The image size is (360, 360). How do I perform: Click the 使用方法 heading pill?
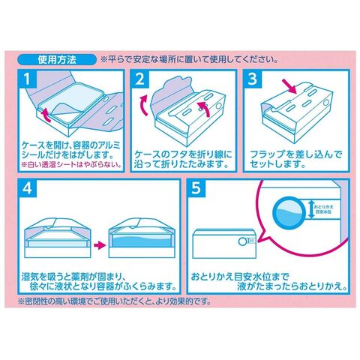click(x=57, y=60)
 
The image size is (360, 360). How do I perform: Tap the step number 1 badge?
click(x=27, y=79)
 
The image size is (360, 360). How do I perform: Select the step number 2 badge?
click(x=139, y=79)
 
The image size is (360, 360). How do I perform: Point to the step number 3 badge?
click(x=252, y=79)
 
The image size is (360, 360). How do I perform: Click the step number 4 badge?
click(x=27, y=188)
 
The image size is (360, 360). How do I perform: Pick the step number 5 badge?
click(x=196, y=188)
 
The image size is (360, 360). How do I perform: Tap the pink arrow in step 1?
click(x=46, y=115)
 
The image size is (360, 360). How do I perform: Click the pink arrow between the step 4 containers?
click(x=100, y=244)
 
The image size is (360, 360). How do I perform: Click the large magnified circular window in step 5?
click(x=289, y=212)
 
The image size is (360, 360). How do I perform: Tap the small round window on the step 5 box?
click(x=242, y=241)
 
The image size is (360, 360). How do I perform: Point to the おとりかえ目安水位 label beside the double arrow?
click(x=323, y=209)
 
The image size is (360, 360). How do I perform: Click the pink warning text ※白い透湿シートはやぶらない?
click(x=71, y=165)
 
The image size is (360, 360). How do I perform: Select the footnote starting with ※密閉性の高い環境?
click(x=114, y=301)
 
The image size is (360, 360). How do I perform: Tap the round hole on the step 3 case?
click(x=326, y=103)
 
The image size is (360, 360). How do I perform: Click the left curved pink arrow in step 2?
click(x=144, y=106)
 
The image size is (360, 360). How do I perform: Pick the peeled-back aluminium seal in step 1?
click(x=67, y=110)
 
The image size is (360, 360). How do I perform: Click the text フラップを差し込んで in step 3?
click(x=296, y=154)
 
